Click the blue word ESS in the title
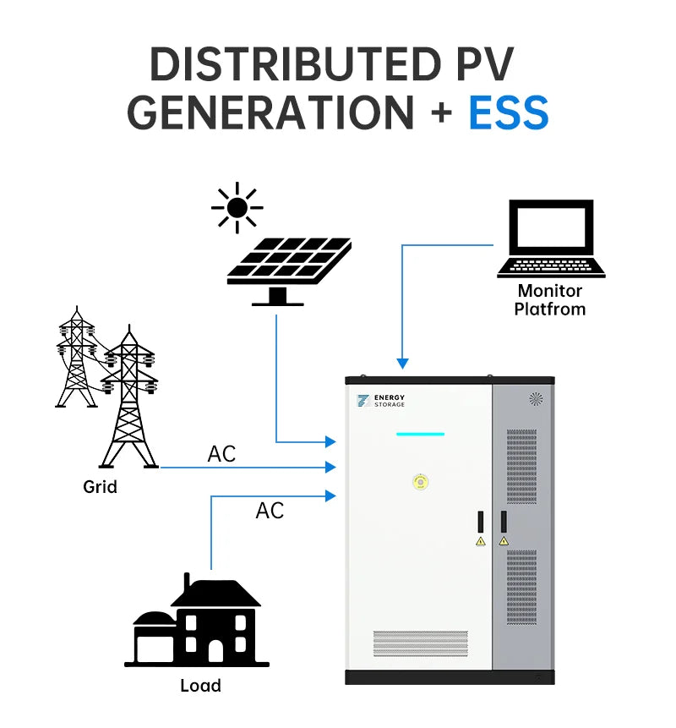508,112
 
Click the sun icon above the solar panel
237,207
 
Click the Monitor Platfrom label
550,300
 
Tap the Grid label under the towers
100,487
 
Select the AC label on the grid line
221,454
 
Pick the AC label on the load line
270,511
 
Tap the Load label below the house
200,686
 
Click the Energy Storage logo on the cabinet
381,401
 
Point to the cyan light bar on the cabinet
420,435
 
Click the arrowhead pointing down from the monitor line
403,364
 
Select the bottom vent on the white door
420,643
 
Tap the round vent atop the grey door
535,398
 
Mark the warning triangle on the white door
481,540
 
